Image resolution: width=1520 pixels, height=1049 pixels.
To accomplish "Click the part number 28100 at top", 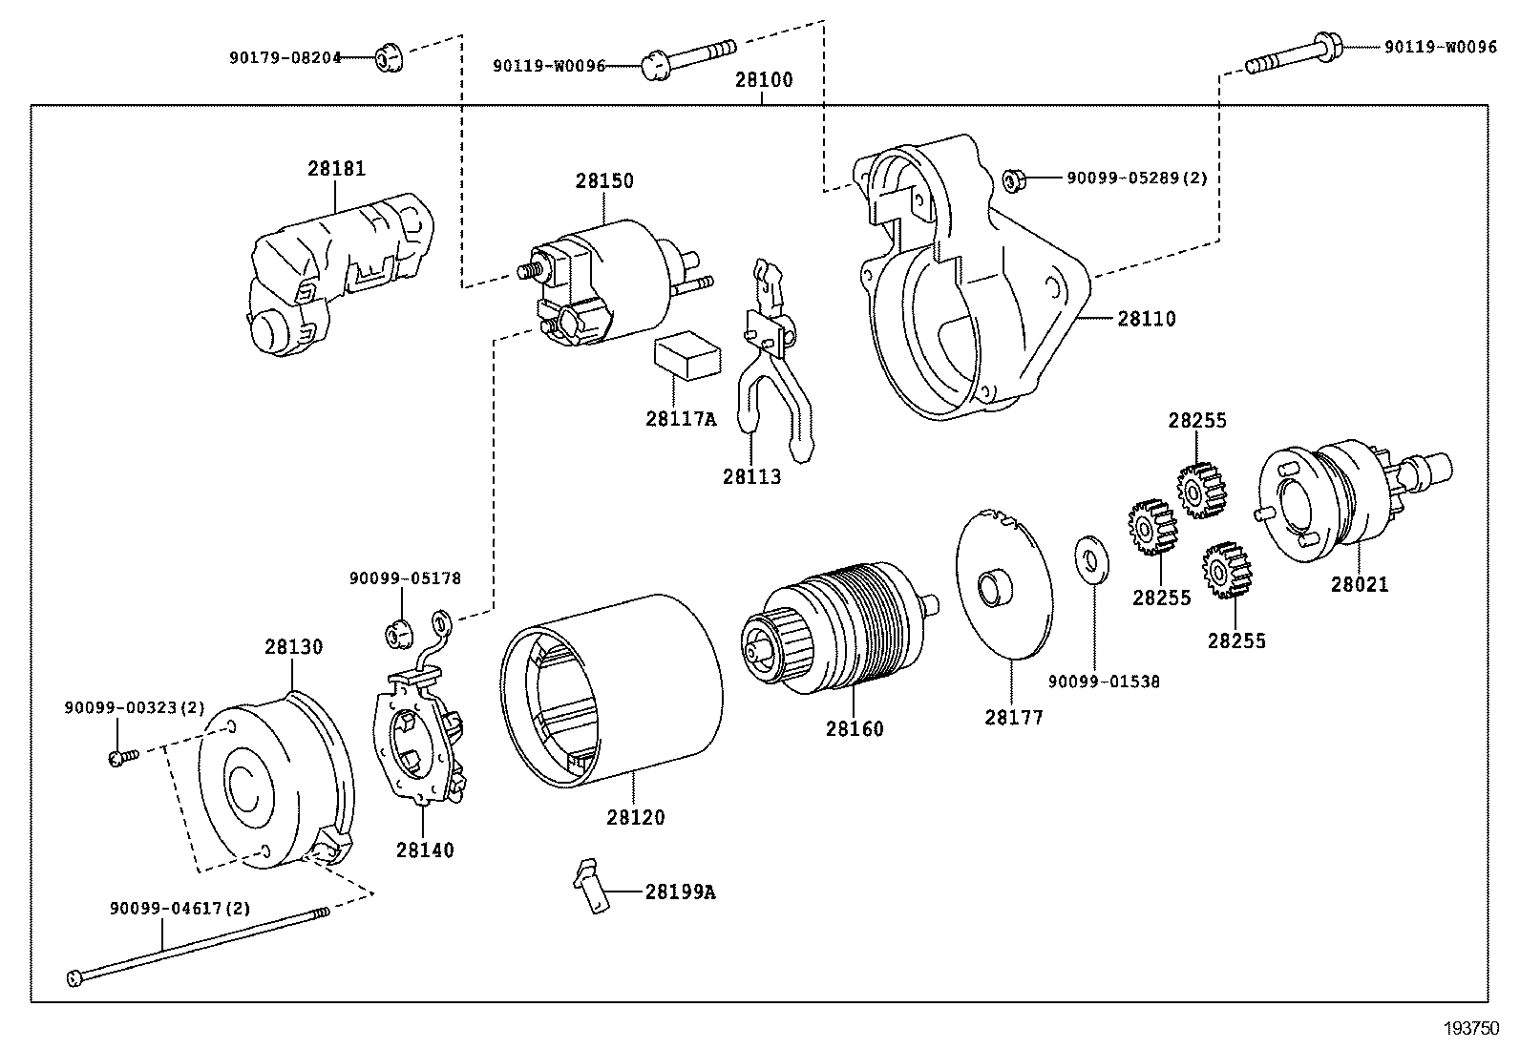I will [763, 80].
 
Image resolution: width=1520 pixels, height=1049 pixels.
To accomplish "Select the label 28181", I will [336, 169].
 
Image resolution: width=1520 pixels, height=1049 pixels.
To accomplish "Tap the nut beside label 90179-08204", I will [388, 58].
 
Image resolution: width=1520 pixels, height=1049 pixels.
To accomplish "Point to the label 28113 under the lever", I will [751, 476].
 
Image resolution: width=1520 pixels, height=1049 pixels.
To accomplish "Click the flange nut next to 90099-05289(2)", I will [1014, 178].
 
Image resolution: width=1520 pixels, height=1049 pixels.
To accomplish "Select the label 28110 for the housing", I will [1147, 319].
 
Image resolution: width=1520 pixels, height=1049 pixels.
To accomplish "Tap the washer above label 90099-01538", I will [1088, 560].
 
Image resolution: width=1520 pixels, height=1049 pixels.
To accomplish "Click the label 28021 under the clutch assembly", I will [1360, 584].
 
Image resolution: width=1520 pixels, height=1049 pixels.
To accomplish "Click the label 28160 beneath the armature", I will [855, 729].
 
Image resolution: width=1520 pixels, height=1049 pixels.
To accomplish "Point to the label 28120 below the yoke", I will [635, 818].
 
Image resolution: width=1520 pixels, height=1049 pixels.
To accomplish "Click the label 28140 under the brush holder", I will [425, 850].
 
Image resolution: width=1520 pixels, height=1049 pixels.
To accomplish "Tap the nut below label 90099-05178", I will [398, 632].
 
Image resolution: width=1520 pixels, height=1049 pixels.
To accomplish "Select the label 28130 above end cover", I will [293, 646].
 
